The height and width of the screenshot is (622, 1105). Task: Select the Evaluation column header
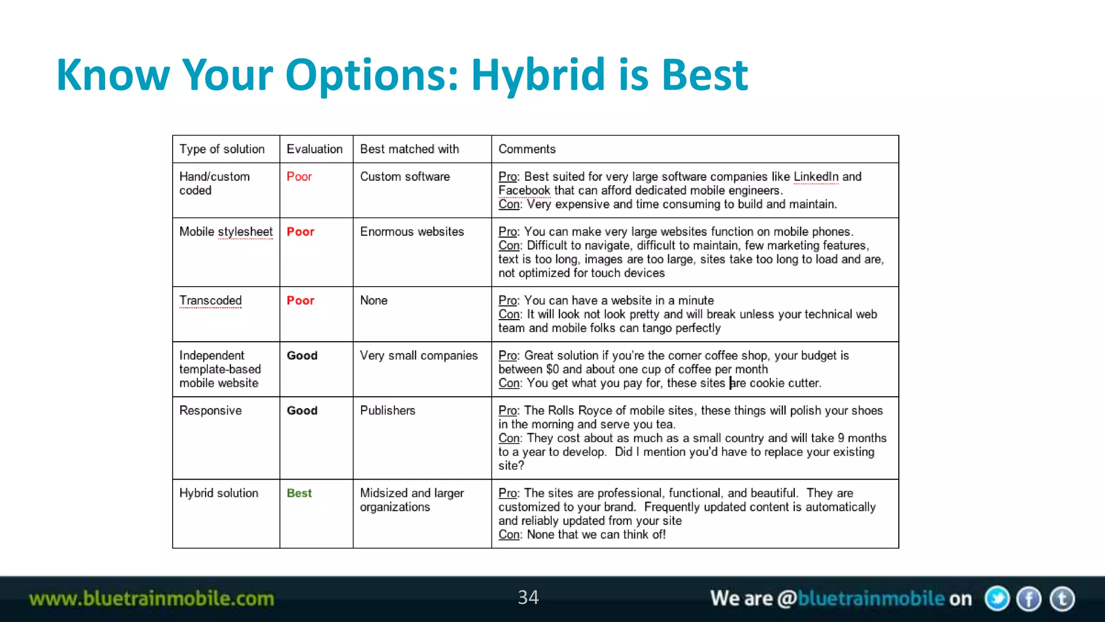(315, 149)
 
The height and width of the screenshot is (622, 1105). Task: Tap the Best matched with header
(410, 149)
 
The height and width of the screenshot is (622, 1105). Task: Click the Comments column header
(527, 149)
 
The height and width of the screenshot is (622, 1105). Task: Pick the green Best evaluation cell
(299, 493)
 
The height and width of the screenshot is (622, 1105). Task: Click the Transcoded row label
(210, 301)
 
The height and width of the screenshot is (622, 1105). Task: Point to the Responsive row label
(210, 410)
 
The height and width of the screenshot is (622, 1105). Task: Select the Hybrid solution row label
(219, 493)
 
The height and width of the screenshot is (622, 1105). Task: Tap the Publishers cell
(387, 410)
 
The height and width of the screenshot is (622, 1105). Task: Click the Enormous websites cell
(412, 232)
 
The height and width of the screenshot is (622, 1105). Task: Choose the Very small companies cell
(419, 355)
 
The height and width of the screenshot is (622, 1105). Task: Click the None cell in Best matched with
(373, 301)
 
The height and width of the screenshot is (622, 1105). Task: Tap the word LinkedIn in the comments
(816, 177)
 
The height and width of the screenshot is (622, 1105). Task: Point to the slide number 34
(528, 597)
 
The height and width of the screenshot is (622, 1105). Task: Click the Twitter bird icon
(997, 599)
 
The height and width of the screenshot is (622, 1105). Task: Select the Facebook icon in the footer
(1029, 599)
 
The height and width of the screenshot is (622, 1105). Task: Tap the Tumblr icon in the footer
(1062, 599)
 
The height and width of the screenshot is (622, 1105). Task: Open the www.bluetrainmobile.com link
(152, 599)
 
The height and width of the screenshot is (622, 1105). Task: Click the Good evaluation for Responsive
(302, 410)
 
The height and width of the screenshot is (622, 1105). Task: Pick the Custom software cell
(405, 177)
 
